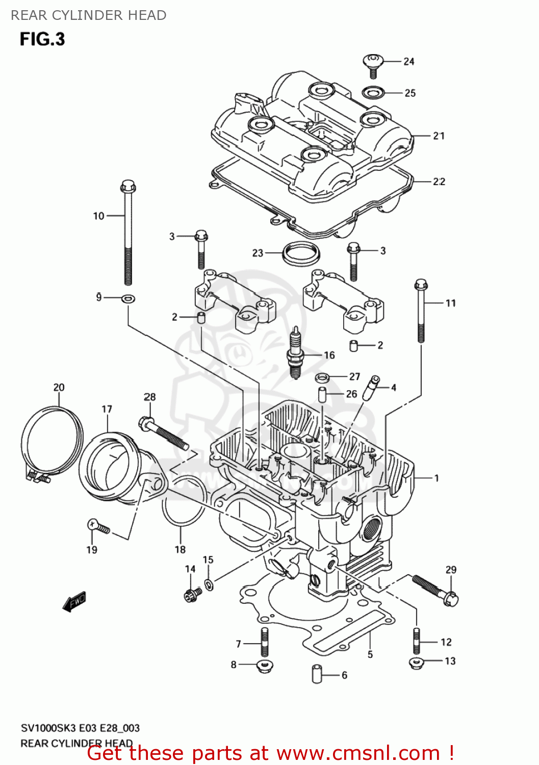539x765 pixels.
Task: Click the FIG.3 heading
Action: point(42,39)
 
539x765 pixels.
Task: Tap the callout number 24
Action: point(408,62)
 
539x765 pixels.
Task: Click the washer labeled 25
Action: point(373,93)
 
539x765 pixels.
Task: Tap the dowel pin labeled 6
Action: point(316,674)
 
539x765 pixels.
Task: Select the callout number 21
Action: point(439,136)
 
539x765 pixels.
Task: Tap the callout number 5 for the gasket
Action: point(370,654)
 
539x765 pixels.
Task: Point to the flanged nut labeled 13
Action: point(416,662)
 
